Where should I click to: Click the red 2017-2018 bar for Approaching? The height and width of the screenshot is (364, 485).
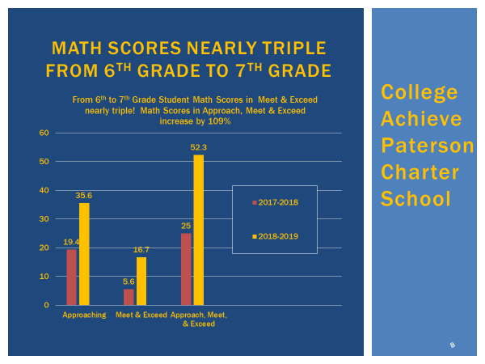[71, 277]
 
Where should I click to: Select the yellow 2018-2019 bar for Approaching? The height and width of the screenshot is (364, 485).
[84, 254]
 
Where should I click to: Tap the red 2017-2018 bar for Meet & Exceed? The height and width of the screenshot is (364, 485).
[129, 297]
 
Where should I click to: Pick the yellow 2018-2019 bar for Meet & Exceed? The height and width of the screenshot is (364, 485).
[141, 281]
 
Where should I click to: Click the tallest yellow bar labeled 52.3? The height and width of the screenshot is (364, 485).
[199, 230]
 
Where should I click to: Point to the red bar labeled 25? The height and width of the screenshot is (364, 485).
[186, 269]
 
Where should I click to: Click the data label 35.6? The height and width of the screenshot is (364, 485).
[84, 195]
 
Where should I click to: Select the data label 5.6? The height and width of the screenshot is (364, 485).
[128, 281]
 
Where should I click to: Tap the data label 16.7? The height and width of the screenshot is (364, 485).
[141, 250]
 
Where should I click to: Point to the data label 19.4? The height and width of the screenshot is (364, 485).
[71, 242]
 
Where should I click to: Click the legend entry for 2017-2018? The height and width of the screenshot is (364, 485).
[276, 202]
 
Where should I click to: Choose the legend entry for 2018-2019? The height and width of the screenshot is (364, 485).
[276, 236]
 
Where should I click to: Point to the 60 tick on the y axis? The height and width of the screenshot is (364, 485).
[44, 133]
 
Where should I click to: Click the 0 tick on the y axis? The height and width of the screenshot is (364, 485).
[47, 305]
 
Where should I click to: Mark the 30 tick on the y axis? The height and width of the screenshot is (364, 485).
[44, 219]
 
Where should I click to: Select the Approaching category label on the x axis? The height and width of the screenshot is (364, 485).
[84, 315]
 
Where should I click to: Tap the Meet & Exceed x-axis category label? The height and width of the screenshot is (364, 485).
[141, 315]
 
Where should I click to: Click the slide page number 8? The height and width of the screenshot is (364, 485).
[452, 345]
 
